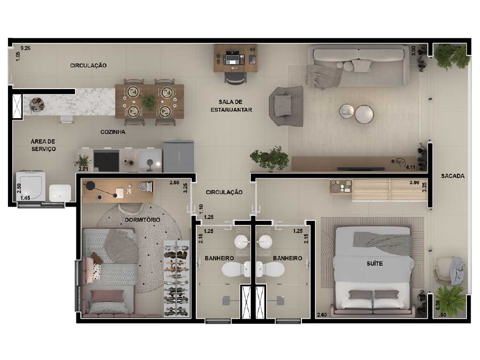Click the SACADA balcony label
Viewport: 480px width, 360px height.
[x=452, y=176]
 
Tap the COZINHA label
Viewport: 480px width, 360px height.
[x=112, y=132]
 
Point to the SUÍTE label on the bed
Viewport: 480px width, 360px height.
[x=375, y=263]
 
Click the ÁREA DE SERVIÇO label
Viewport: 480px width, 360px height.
[x=43, y=145]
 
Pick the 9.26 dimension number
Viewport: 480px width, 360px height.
[x=25, y=48]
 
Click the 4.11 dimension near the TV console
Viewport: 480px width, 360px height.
[x=411, y=167]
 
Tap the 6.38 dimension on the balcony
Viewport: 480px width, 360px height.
[x=438, y=305]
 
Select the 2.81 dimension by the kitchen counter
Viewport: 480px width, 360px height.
[x=83, y=169]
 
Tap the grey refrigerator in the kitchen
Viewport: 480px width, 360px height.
[x=179, y=157]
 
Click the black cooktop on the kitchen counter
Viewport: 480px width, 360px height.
[x=106, y=161]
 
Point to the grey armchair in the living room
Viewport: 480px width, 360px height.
[x=286, y=106]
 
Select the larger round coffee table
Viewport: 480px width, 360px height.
[x=364, y=114]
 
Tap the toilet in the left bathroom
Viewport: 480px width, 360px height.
[x=236, y=270]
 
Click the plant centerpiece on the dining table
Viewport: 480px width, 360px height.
[x=150, y=102]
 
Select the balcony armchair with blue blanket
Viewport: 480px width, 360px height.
[x=449, y=271]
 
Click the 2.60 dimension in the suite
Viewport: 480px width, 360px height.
[x=322, y=315]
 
